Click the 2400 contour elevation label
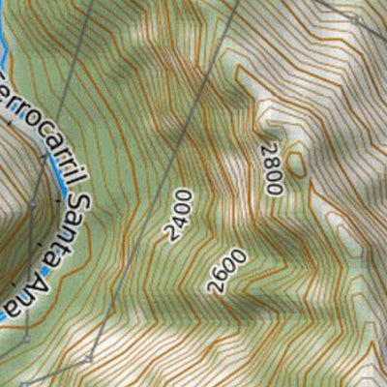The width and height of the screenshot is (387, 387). (x=179, y=215)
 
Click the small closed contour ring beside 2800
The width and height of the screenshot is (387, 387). (x=296, y=162)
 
